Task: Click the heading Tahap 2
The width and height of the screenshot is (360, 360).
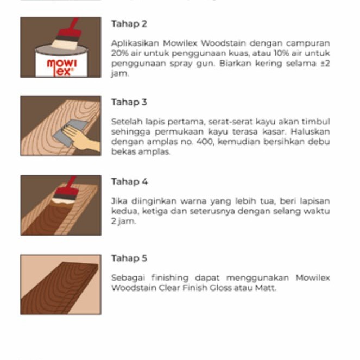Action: click(x=129, y=24)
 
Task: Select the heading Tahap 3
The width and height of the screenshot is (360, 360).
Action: click(x=129, y=102)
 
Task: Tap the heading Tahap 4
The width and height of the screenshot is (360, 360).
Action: click(x=129, y=181)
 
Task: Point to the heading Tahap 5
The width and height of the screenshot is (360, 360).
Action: click(x=129, y=258)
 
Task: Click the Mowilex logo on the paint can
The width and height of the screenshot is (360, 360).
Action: click(x=61, y=66)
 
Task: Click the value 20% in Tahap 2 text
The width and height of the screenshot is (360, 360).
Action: click(x=119, y=53)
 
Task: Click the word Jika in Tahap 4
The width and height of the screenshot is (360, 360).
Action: click(x=118, y=201)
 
